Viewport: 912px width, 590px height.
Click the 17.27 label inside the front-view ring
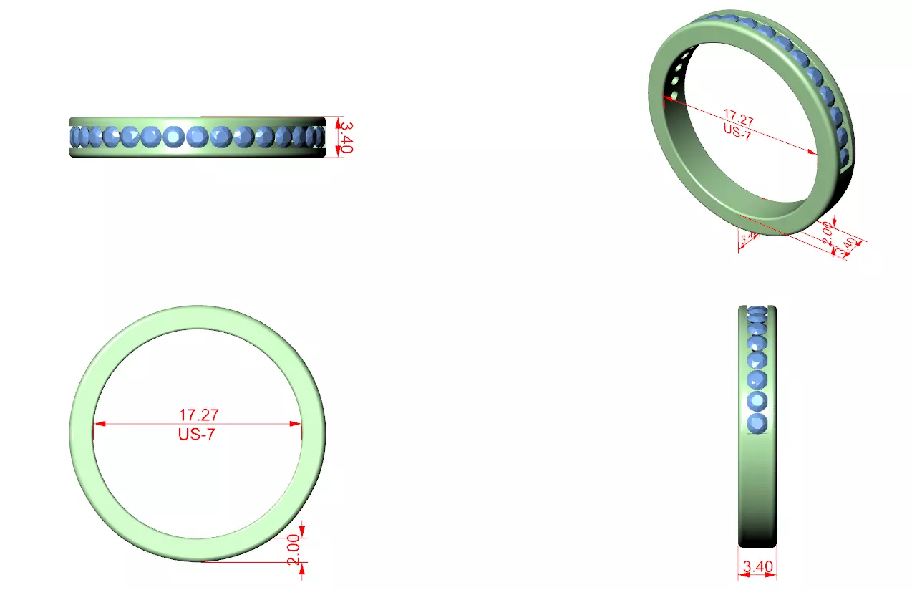(198, 415)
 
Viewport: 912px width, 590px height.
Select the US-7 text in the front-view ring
(196, 434)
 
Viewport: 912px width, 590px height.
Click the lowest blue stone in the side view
(757, 423)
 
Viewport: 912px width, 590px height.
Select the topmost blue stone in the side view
(757, 311)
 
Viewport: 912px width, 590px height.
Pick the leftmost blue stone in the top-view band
(74, 137)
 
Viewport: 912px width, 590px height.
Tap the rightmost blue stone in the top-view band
(320, 137)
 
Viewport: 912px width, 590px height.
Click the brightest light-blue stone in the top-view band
(173, 137)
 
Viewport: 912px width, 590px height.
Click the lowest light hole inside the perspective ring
(674, 95)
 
